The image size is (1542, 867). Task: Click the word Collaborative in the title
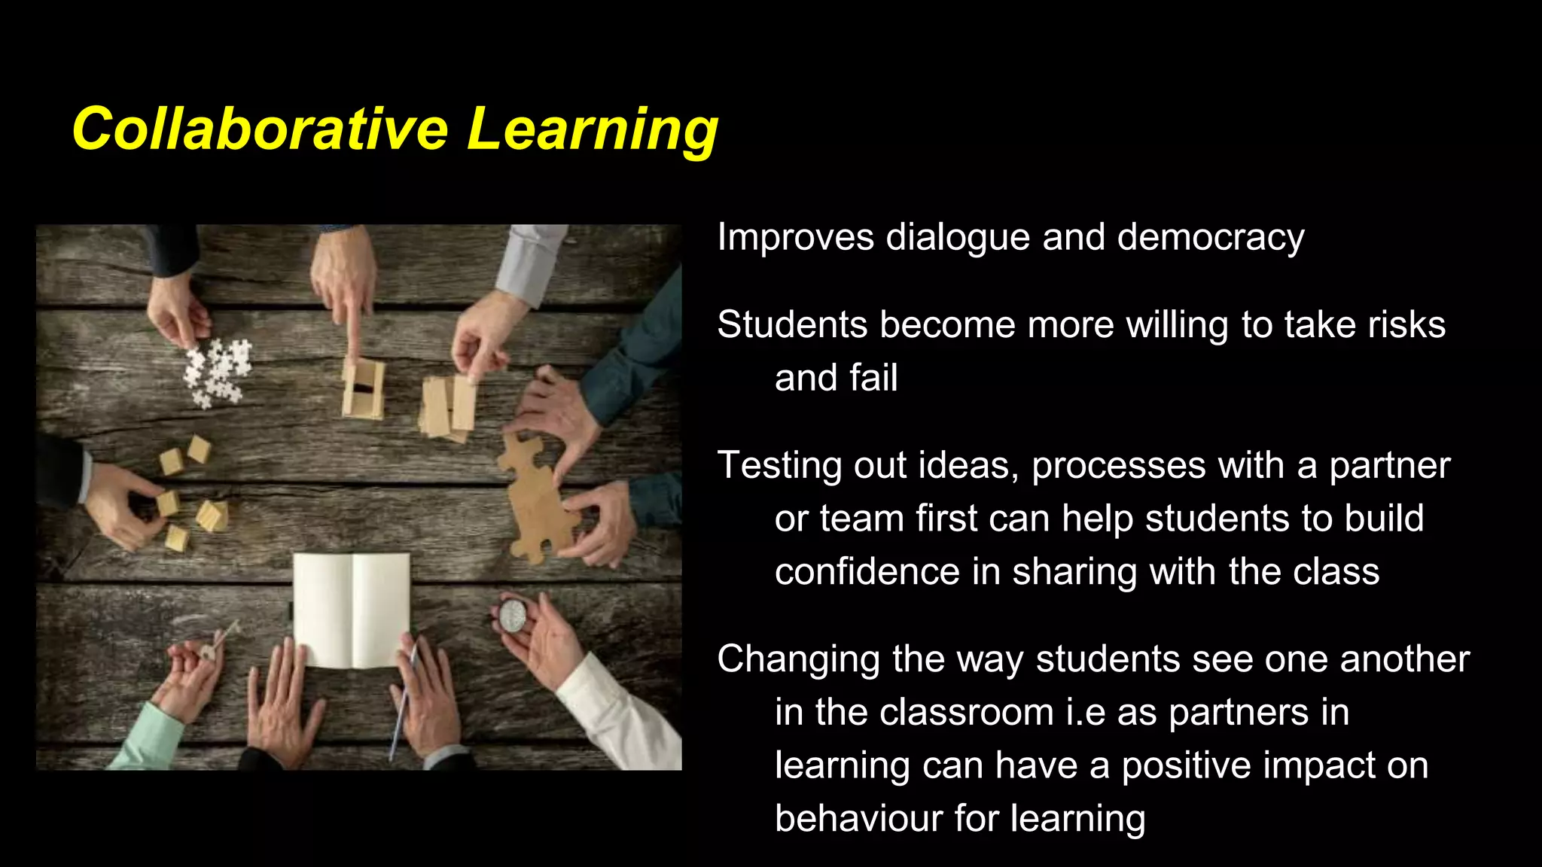point(260,129)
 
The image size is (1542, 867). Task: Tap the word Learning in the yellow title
point(593,129)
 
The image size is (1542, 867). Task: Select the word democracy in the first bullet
point(1211,238)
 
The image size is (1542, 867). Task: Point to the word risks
point(1406,325)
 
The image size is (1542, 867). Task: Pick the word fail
point(873,378)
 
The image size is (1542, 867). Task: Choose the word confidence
point(867,572)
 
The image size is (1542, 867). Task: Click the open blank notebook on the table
point(352,610)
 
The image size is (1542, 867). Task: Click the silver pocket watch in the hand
point(513,616)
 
